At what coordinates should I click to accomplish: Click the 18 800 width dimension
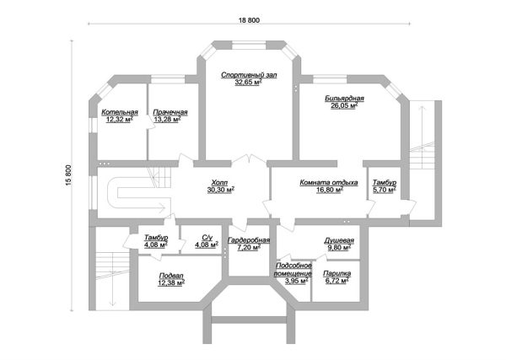(249, 20)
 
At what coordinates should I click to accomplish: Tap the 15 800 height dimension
(68, 175)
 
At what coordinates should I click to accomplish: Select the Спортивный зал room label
(249, 75)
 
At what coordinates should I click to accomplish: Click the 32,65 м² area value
(248, 83)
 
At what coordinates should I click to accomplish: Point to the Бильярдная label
(344, 99)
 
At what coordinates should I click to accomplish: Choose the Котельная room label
(120, 112)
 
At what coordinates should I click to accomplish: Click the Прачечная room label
(170, 112)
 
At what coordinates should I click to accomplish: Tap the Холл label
(219, 183)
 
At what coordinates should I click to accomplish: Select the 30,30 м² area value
(221, 190)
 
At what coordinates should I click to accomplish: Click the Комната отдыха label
(329, 183)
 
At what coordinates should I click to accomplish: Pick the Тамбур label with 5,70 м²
(385, 183)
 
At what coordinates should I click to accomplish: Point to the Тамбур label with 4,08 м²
(156, 238)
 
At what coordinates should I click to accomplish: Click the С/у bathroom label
(207, 238)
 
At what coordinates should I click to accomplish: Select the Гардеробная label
(249, 240)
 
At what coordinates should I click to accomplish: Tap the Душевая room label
(339, 240)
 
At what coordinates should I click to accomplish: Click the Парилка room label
(336, 273)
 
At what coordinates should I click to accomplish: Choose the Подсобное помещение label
(293, 269)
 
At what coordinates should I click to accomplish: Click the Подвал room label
(171, 276)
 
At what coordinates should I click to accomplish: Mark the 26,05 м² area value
(344, 105)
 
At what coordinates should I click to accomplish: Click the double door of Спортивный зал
(249, 159)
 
